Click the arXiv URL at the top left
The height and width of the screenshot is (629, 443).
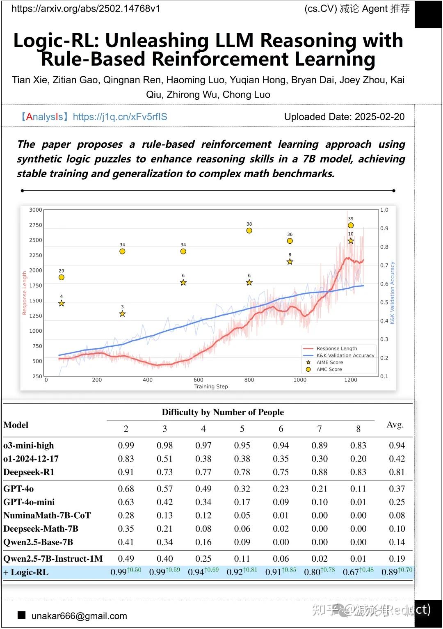tap(86, 9)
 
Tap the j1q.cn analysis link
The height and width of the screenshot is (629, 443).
tap(120, 117)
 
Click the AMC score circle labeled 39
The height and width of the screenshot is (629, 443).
tap(351, 225)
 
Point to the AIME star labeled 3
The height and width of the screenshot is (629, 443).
tap(122, 314)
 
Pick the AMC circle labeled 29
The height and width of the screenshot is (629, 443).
tap(62, 277)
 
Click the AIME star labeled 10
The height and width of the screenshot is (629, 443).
tap(351, 241)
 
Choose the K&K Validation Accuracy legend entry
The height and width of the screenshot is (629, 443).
tap(345, 355)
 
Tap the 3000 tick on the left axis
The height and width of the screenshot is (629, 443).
tap(36, 210)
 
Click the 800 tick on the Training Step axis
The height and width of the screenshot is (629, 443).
tap(249, 380)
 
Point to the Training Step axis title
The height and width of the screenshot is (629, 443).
tap(211, 387)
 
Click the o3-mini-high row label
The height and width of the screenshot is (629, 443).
tap(29, 446)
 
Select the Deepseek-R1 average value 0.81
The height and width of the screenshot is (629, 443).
tap(397, 472)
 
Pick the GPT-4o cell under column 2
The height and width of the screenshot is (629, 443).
tap(126, 489)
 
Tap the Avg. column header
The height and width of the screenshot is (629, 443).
tap(395, 425)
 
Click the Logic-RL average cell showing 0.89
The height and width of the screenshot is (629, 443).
tap(390, 572)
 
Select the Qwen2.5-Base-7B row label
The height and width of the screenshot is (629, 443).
tap(38, 542)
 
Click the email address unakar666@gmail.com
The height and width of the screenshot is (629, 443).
tap(79, 616)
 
